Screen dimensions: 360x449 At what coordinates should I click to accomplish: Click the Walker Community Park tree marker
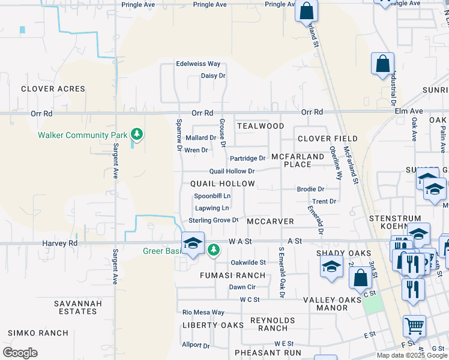pyautogui.click(x=137, y=134)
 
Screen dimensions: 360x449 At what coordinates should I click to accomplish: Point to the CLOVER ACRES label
pyautogui.click(x=53, y=89)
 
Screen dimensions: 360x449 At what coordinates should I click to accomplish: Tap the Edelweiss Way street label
pyautogui.click(x=198, y=64)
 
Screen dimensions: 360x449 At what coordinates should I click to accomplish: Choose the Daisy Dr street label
pyautogui.click(x=213, y=76)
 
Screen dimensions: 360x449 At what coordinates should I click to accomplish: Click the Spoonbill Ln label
pyautogui.click(x=212, y=196)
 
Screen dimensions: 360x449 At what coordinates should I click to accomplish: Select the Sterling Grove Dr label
pyautogui.click(x=214, y=220)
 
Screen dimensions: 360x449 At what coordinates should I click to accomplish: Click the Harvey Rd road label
pyautogui.click(x=60, y=243)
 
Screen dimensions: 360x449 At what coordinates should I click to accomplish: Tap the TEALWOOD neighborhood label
pyautogui.click(x=260, y=126)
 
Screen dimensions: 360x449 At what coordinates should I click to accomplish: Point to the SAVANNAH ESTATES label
pyautogui.click(x=78, y=307)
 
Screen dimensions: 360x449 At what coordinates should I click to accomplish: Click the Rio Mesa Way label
pyautogui.click(x=203, y=312)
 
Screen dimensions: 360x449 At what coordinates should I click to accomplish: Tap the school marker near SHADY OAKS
pyautogui.click(x=331, y=267)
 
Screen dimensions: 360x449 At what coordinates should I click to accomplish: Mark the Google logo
pyautogui.click(x=20, y=352)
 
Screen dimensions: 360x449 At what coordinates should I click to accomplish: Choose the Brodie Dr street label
pyautogui.click(x=310, y=189)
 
